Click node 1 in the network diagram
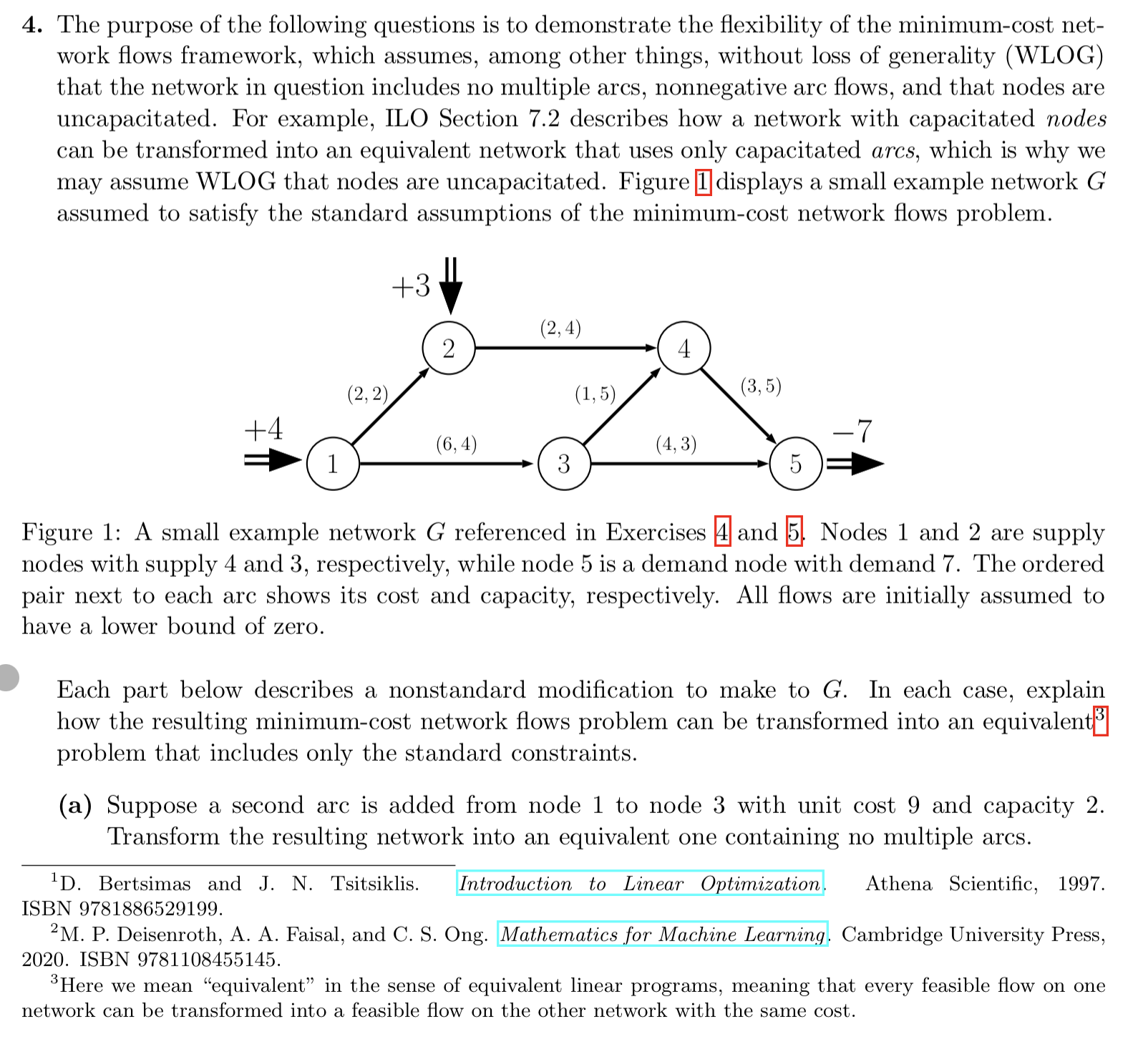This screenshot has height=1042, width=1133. [333, 464]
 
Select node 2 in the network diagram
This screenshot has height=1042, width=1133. [449, 349]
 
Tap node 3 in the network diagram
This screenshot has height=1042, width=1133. [564, 464]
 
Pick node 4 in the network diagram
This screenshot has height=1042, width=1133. [684, 349]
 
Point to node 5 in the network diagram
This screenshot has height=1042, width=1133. [795, 464]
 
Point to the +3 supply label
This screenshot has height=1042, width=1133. [411, 286]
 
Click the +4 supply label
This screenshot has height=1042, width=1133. [263, 429]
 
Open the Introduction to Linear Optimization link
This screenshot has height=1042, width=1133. [641, 884]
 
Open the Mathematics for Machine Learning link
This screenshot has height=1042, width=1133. [662, 935]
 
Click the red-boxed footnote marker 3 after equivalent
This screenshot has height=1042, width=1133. [1101, 719]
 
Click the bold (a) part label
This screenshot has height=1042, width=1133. [75, 805]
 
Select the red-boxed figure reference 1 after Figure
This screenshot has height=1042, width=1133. [704, 182]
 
